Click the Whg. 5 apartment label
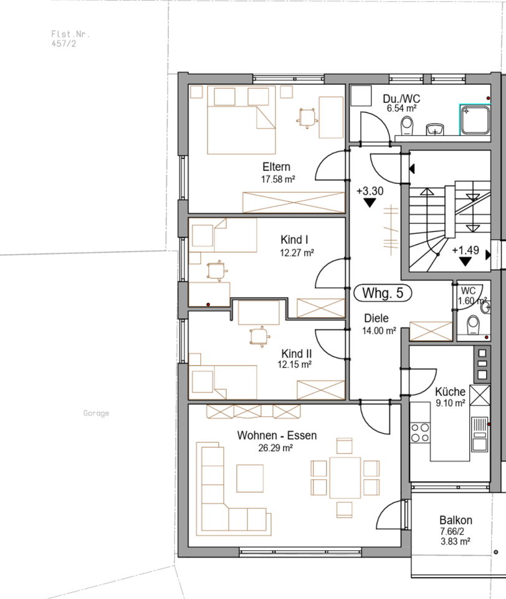[x=383, y=293]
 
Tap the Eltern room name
[x=276, y=167]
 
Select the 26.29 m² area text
[x=275, y=448]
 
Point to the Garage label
[x=96, y=413]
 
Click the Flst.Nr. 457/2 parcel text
[x=70, y=39]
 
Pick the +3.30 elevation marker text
[x=370, y=191]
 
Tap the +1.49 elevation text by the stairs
[x=465, y=250]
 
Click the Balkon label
[x=456, y=520]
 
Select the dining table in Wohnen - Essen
[x=345, y=478]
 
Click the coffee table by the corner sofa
[x=250, y=479]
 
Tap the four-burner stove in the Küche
[x=420, y=432]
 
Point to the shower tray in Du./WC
[x=475, y=120]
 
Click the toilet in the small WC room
[x=474, y=324]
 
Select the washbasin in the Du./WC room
[x=434, y=129]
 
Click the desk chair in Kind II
[x=260, y=337]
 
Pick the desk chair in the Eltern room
[x=307, y=118]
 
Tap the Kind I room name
[x=294, y=240]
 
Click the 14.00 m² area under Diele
[x=379, y=331]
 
